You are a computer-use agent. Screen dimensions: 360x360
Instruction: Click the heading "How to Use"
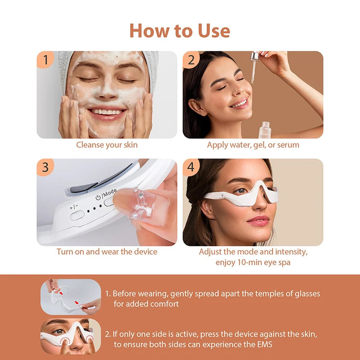click(x=180, y=31)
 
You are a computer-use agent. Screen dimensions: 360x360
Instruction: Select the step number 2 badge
click(x=191, y=59)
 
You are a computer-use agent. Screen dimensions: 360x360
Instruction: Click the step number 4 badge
click(x=191, y=167)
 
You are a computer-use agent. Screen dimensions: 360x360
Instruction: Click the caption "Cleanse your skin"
click(x=107, y=145)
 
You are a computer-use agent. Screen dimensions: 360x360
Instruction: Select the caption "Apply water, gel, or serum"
click(x=253, y=145)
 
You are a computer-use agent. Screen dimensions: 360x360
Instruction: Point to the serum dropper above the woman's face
click(x=255, y=67)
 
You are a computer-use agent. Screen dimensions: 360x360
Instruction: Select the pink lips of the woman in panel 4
click(x=258, y=220)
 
